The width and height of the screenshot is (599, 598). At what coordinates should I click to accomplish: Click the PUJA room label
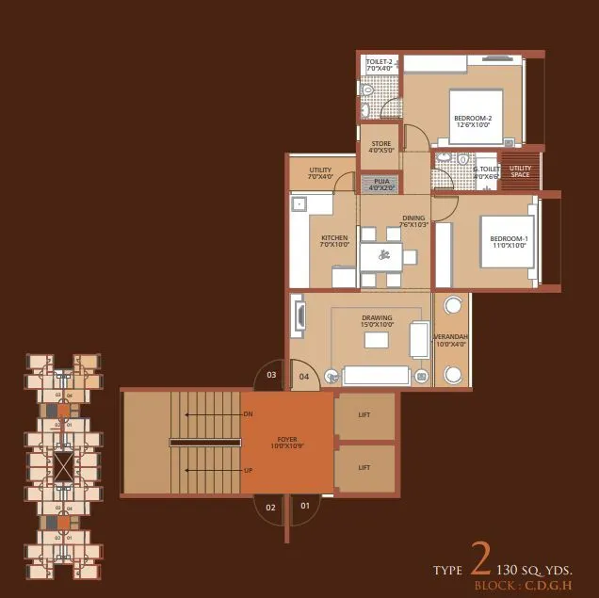click(x=381, y=185)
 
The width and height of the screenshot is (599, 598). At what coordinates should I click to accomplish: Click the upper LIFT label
click(x=364, y=415)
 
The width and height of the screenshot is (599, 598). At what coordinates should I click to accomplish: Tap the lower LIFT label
click(x=364, y=467)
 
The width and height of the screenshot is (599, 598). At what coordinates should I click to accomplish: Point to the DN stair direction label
click(x=248, y=414)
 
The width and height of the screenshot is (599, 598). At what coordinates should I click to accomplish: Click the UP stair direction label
click(x=248, y=469)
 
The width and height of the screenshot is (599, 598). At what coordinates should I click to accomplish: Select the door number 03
click(x=271, y=376)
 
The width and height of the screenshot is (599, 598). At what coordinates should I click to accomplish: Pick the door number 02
click(x=270, y=508)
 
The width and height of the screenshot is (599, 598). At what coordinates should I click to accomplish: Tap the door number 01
click(x=304, y=507)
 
